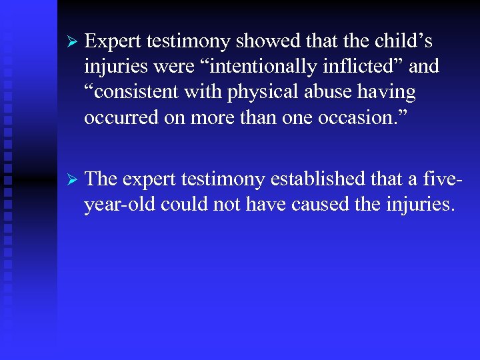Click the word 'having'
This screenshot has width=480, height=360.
point(387,93)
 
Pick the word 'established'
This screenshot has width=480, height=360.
point(315,179)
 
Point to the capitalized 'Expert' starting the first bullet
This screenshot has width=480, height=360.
point(113,42)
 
